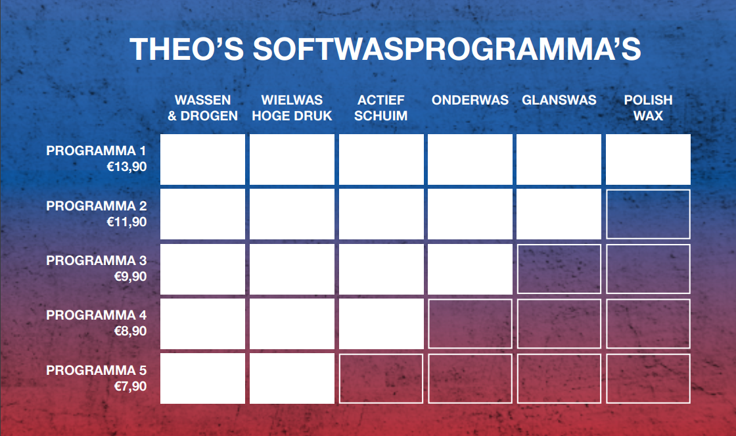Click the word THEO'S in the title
187,49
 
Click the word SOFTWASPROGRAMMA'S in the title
447,49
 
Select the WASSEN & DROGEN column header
203,108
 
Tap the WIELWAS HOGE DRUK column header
292,108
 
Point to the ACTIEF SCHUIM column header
380,108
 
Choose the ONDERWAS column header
470,100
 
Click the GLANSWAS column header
559,100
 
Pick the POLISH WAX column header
648,108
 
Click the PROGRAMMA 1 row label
96,151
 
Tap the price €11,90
127,222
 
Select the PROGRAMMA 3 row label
96,260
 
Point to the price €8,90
131,331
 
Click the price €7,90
131,386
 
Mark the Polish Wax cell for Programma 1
648,159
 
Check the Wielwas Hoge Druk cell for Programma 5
292,379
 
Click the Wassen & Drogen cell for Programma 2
203,214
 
